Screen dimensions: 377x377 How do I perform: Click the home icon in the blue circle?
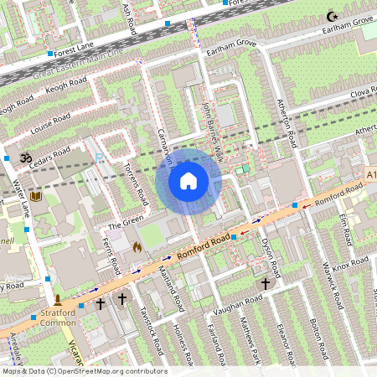point(188,180)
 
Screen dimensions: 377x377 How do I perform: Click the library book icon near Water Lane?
point(35,197)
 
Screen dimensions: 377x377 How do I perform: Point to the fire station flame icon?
point(137,247)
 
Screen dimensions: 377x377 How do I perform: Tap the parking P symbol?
point(100,157)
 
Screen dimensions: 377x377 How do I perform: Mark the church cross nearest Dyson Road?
point(266,284)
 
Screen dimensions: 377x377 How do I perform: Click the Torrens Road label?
point(136,184)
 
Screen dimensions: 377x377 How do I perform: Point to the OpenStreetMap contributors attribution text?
point(84,371)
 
